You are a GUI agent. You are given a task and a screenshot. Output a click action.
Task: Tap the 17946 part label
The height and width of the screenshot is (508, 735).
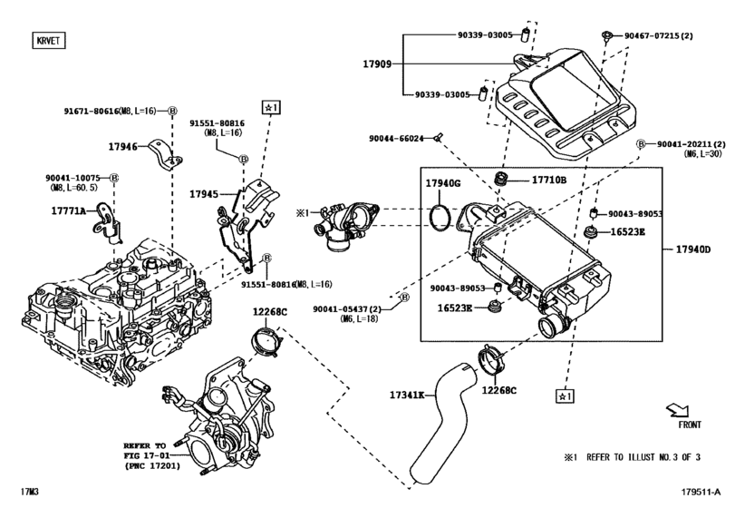123,146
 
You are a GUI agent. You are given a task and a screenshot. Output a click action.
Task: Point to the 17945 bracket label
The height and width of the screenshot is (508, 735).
205,193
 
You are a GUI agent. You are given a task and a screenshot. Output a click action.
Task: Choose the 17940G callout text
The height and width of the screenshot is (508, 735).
443,184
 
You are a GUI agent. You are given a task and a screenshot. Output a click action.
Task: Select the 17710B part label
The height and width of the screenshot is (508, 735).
548,180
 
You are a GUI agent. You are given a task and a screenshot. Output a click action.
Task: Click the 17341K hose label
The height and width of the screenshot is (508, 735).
408,395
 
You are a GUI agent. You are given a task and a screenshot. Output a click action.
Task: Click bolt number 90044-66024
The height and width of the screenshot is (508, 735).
396,139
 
